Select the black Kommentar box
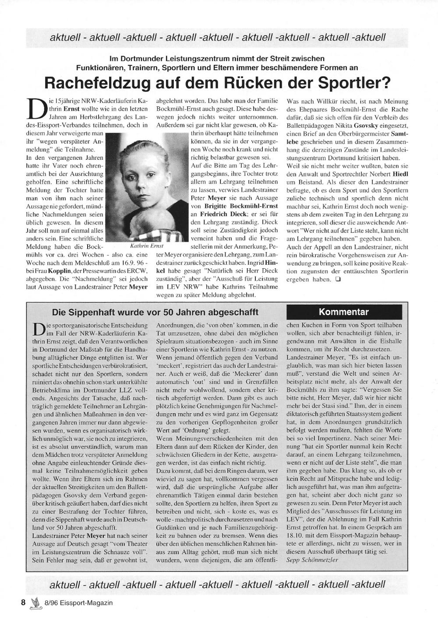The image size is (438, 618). click(344, 312)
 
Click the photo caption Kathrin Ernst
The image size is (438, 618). click(147, 246)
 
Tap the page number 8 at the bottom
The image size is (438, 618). click(23, 602)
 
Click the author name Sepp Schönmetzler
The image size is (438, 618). click(312, 559)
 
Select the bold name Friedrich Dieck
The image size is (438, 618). click(222, 214)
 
